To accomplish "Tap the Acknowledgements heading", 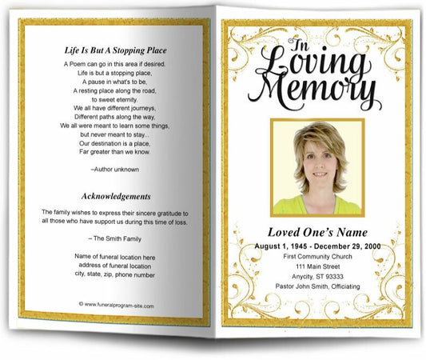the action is coord(116,196).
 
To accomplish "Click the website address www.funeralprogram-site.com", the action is coord(116,305).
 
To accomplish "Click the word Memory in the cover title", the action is coord(319,90).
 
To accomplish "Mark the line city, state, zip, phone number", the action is coord(115,274).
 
